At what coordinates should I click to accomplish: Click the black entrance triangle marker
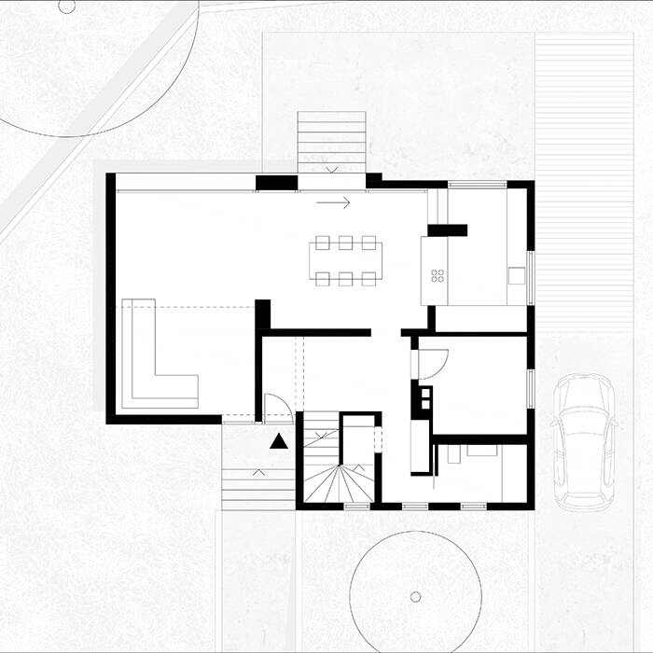(278, 442)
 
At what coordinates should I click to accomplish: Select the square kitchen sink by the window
(516, 275)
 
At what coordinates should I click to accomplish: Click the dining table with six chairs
(344, 259)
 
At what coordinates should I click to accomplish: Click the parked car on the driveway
(585, 440)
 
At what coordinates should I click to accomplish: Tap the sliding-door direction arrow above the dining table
(333, 201)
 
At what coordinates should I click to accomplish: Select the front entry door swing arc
(277, 407)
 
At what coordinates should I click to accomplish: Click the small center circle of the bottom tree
(415, 596)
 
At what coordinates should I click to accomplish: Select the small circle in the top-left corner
(65, 7)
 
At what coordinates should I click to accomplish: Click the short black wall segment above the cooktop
(447, 229)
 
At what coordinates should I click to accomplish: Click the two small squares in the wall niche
(424, 399)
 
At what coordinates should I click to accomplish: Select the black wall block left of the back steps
(276, 183)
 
